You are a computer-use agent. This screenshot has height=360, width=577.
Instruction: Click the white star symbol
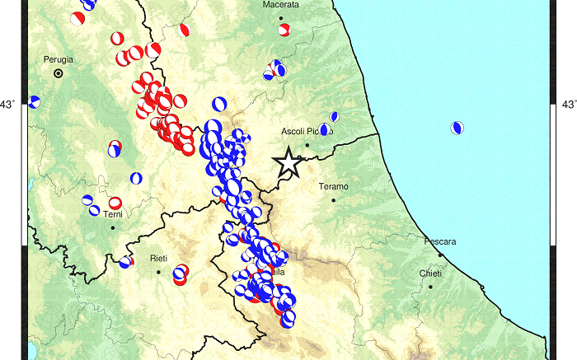point(288,161)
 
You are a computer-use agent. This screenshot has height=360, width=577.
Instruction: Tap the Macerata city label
point(280,5)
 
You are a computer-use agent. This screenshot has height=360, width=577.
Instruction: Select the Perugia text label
point(58,59)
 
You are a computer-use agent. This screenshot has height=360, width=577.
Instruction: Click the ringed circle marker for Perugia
point(59,73)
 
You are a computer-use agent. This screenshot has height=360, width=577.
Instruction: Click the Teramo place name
point(333,187)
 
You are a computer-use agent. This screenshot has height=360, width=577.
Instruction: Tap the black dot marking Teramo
point(334,199)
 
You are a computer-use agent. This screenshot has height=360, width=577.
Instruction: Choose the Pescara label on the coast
point(440,242)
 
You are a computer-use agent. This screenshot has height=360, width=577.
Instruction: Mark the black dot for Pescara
point(440,255)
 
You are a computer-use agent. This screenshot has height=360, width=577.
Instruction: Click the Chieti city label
point(430,274)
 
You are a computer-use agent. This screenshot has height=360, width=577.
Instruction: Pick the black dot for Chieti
point(430,286)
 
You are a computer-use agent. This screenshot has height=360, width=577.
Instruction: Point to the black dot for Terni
point(113,227)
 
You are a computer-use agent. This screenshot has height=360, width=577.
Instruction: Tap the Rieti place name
point(158,259)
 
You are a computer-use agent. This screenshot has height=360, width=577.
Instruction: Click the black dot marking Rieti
point(158,271)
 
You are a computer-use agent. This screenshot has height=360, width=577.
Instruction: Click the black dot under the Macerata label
point(280,17)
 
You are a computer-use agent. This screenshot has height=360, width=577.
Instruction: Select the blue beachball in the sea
point(457,128)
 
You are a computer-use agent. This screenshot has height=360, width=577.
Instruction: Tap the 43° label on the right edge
point(567,105)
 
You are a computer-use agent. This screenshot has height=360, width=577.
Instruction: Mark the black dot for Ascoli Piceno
point(307,145)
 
